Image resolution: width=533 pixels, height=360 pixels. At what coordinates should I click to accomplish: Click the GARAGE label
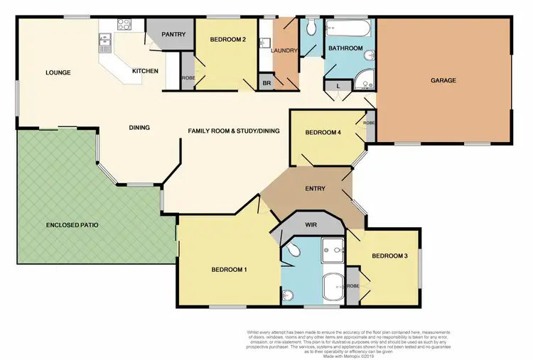click(443, 80)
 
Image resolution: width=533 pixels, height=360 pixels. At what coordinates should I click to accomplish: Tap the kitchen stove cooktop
click(124, 23)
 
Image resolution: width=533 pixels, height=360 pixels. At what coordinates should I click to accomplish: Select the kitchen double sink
click(105, 45)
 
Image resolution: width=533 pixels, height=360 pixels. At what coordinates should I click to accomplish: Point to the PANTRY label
click(173, 34)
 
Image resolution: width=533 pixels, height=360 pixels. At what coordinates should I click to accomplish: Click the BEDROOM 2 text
click(227, 39)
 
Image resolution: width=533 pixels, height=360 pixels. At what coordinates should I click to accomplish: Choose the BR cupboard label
click(265, 82)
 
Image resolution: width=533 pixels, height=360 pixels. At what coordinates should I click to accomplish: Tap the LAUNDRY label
click(284, 50)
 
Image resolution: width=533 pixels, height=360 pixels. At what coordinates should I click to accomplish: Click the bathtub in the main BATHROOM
click(347, 29)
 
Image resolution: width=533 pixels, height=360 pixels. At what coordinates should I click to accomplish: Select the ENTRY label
click(315, 188)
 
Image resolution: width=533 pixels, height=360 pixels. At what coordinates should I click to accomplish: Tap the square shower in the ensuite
click(331, 249)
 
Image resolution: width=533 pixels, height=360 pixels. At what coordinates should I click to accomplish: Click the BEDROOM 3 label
click(389, 256)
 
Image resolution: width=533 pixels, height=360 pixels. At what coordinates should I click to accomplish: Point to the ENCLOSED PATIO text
click(72, 224)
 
